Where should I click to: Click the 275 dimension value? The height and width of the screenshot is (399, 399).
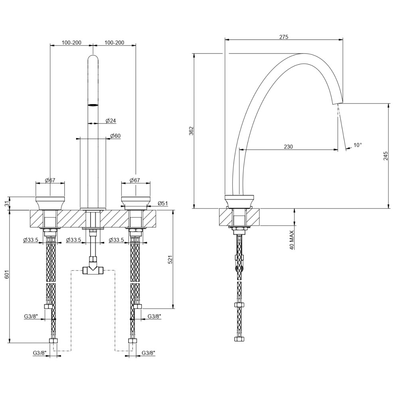click(x=284, y=37)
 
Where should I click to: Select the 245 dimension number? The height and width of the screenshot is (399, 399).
click(x=385, y=155)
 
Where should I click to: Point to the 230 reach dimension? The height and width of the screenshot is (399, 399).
click(x=288, y=146)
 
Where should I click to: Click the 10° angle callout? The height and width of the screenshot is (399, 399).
click(x=358, y=145)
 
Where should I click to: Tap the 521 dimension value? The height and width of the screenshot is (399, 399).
click(x=170, y=260)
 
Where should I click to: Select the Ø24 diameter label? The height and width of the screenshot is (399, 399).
click(x=111, y=120)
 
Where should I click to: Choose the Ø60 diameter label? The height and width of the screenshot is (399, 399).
click(x=115, y=136)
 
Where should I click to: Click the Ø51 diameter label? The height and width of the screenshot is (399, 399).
click(x=162, y=203)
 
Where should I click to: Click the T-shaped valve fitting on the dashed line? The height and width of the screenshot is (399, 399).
click(x=93, y=271)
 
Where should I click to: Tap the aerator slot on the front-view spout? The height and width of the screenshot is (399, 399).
click(x=93, y=105)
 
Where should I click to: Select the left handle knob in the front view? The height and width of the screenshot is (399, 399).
click(x=50, y=201)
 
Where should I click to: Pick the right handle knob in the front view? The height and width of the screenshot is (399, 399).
click(x=136, y=201)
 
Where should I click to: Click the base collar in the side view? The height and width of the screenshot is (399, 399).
click(x=239, y=201)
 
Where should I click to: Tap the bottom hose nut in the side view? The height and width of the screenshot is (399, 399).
click(x=239, y=340)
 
